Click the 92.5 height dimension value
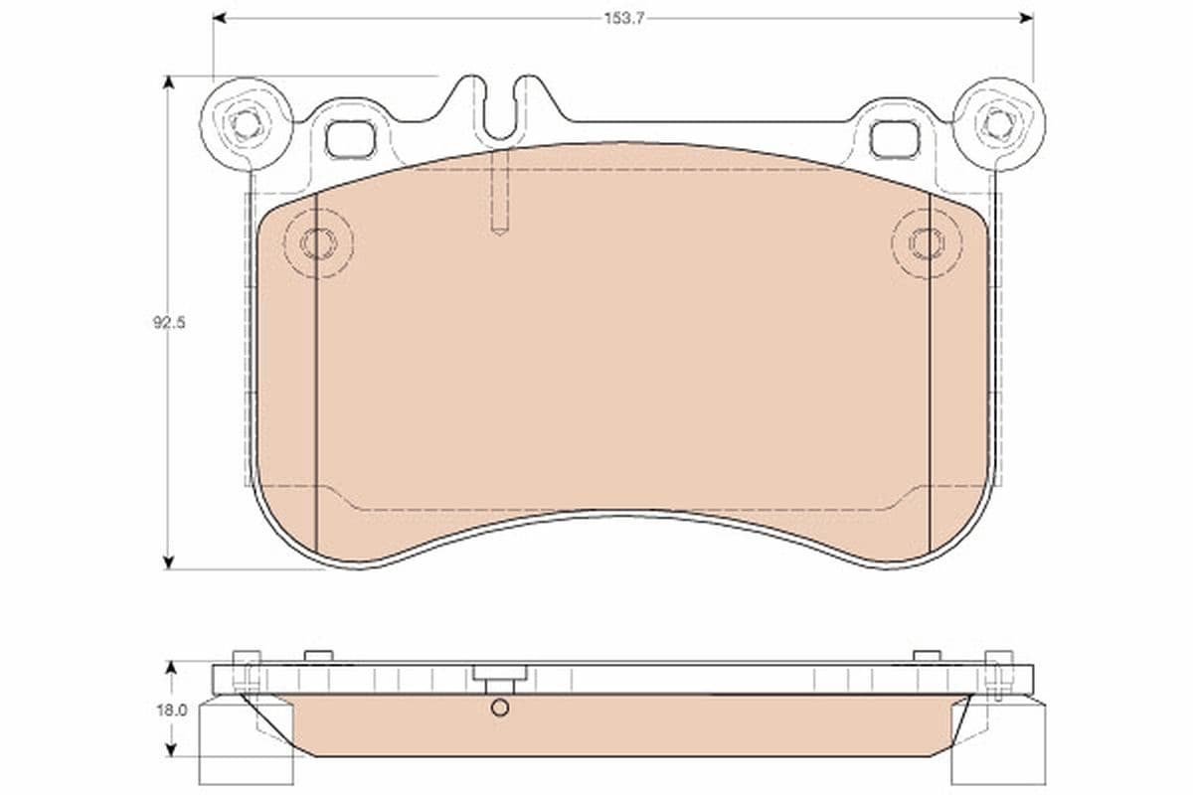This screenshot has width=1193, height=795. pyautogui.click(x=169, y=322)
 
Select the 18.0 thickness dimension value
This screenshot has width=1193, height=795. pyautogui.click(x=171, y=711)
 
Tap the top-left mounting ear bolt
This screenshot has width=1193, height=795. pyautogui.click(x=246, y=124)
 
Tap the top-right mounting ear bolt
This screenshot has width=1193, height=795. pyautogui.click(x=998, y=124)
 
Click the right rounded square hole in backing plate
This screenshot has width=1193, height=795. pyautogui.click(x=894, y=139)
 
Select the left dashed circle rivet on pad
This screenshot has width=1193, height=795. pyautogui.click(x=317, y=242)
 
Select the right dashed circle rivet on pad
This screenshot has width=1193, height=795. pyautogui.click(x=927, y=242)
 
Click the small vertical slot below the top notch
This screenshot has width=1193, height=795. pyautogui.click(x=500, y=193)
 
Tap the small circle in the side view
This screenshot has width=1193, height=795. pyautogui.click(x=500, y=708)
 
